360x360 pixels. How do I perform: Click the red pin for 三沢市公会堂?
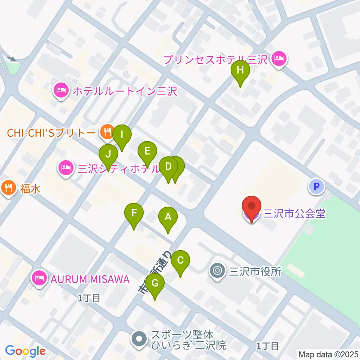pos(252,207)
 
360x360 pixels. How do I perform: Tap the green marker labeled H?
pos(240,70)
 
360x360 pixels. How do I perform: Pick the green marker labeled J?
pos(108,154)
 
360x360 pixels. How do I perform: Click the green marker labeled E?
pos(147,151)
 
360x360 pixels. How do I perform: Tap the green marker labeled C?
pos(180,260)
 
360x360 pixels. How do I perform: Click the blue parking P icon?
pos(316,185)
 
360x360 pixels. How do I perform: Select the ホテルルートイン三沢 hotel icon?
pos(60,91)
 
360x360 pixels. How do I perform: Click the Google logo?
pos(25,351)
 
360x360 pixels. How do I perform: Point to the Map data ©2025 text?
pos(328,354)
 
